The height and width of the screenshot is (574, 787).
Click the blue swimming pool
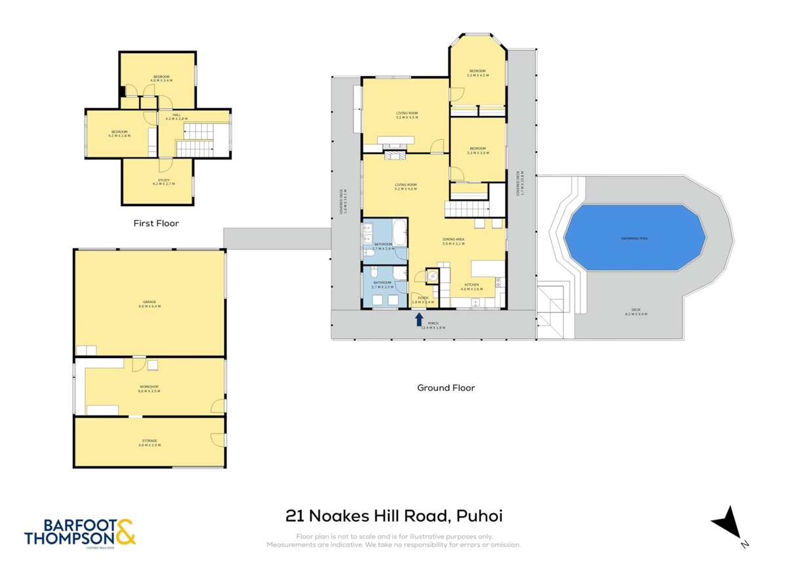pos(634,238)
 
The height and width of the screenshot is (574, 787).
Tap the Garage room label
pos(150,302)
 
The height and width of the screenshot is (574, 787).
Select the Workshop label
pos(150,387)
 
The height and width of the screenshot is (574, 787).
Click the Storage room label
pos(150,441)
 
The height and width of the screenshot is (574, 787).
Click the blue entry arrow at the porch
pos(419,319)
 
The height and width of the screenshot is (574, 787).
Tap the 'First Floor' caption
pos(156,223)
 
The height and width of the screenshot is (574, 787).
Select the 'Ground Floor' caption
pos(446,388)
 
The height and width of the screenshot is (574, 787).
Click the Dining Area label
pos(453,240)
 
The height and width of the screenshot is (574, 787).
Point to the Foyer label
pos(423,298)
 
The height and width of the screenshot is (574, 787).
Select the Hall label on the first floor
pos(176,115)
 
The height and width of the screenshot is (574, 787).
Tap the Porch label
pos(433,323)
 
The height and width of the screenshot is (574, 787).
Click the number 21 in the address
pos(294,516)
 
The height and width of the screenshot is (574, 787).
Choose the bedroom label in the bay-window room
pos(477,71)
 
